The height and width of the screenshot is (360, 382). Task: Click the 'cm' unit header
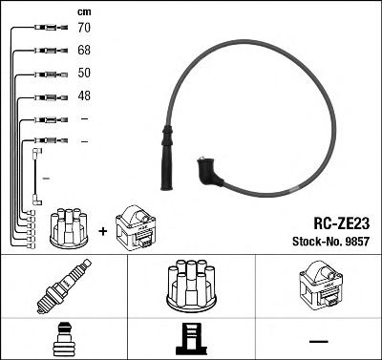tap(84, 11)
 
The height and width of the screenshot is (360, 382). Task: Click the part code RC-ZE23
tap(342, 222)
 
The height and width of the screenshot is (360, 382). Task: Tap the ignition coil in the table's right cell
tap(321, 286)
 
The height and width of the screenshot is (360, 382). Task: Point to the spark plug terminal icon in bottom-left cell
tap(63, 339)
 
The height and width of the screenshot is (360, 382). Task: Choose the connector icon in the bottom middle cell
tap(191, 339)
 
